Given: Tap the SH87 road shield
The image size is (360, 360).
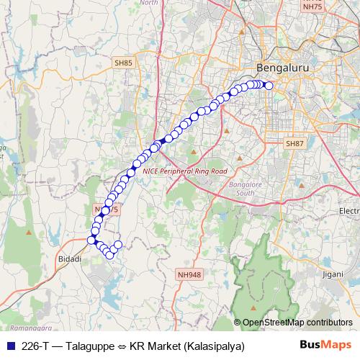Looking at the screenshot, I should (x=296, y=144).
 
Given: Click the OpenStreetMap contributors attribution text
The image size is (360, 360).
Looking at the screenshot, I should (x=297, y=323).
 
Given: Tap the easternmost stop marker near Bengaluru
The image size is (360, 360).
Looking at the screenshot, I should (x=269, y=86).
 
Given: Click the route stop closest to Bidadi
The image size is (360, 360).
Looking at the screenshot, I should (x=91, y=240).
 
